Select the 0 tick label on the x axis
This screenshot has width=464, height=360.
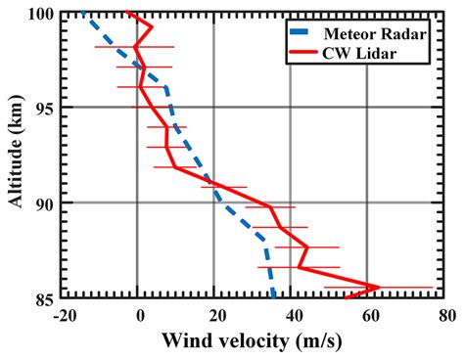140,316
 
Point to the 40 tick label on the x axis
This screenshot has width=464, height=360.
292,316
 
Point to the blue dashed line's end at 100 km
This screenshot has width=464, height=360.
84,13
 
